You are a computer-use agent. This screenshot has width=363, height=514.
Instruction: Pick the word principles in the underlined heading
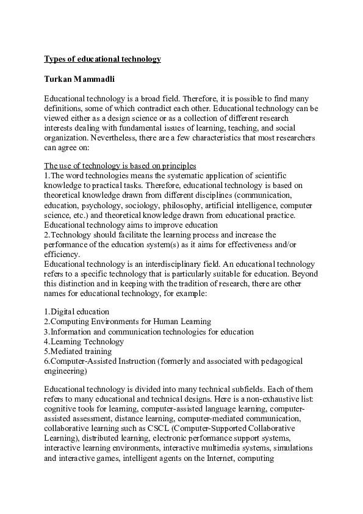[176, 165]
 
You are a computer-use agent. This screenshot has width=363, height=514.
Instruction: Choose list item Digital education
[77, 312]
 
